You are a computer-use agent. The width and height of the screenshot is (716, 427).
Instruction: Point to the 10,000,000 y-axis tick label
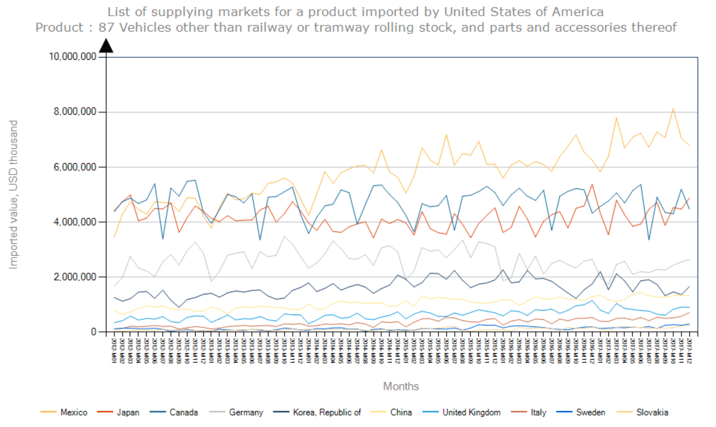[x=72, y=57]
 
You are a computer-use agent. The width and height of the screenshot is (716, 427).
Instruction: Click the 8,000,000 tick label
[x=75, y=112]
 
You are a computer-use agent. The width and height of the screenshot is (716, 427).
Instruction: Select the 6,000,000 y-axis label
[x=75, y=167]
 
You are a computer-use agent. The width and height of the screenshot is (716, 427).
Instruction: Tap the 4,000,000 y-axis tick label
[x=75, y=222]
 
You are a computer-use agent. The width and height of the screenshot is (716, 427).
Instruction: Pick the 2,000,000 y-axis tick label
[x=75, y=277]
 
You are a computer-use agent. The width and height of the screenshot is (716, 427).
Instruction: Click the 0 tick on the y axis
[x=93, y=332]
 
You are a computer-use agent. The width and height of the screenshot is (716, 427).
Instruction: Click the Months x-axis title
[x=401, y=386]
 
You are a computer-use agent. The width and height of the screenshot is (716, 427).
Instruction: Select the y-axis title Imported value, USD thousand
[x=13, y=194]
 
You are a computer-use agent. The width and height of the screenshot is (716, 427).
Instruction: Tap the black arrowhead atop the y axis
[x=106, y=46]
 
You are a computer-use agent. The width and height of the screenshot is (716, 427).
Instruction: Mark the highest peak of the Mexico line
[x=673, y=108]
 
